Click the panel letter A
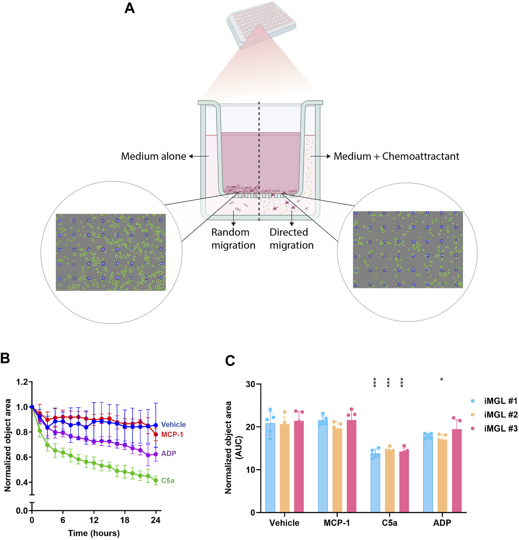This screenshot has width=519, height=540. click(x=129, y=8)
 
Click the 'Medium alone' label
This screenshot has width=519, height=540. click(x=153, y=156)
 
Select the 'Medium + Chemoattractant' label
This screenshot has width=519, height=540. click(x=396, y=156)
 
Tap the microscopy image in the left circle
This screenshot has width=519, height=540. click(x=111, y=252)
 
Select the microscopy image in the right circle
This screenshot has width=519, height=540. click(x=408, y=250)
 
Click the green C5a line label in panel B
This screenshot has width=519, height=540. click(x=168, y=481)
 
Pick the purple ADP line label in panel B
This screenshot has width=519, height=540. click(x=169, y=453)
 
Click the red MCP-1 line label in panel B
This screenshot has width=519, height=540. click(x=172, y=434)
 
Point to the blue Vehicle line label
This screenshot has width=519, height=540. click(x=173, y=424)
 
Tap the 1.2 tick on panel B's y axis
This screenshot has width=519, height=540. click(x=22, y=382)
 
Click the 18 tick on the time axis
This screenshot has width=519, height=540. click(x=125, y=520)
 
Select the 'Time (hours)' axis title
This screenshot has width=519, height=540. click(x=94, y=533)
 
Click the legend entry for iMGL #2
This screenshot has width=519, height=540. click(x=500, y=415)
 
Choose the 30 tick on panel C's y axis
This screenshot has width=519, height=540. click(x=251, y=384)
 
